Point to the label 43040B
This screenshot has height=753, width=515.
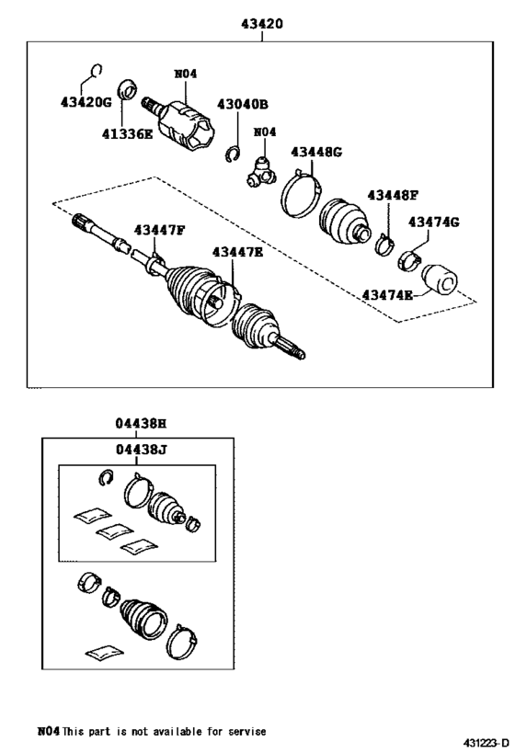point(242,105)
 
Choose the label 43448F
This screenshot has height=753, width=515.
point(393,195)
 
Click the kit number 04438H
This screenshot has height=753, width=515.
point(140,424)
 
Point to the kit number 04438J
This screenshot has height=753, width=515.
point(141,450)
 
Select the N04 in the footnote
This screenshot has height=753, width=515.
point(48,731)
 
